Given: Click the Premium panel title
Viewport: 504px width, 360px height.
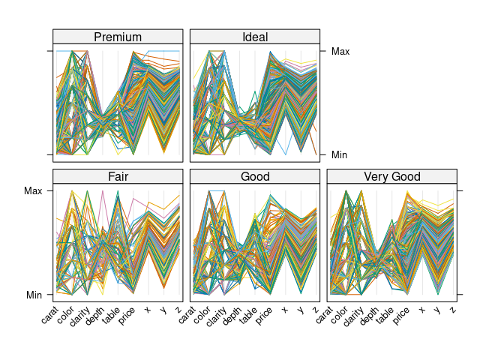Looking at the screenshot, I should point(118,37).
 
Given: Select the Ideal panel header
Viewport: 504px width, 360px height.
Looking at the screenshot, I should point(255,37).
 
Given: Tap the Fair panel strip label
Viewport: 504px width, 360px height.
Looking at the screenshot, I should point(118,177).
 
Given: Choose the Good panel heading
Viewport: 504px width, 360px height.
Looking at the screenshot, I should point(255,177).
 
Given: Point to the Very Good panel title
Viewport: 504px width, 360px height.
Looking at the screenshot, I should point(392,177).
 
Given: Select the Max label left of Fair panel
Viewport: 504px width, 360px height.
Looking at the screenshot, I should point(33,190).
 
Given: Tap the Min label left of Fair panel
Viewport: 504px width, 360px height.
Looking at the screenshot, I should point(34,295).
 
